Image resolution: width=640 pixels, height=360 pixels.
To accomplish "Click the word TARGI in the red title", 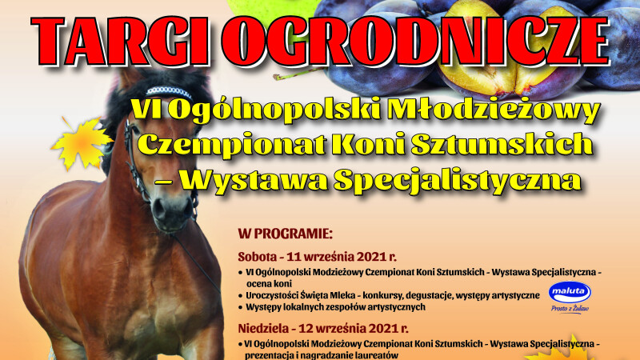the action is [121, 42].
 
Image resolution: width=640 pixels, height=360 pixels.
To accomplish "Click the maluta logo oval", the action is [570, 292].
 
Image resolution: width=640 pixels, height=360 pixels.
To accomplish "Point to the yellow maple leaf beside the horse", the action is [82, 143].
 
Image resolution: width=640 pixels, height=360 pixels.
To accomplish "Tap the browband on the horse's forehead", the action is [169, 91].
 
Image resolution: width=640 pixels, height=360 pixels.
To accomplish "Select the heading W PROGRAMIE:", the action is [286, 234].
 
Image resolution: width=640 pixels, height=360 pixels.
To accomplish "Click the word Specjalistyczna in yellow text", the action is [458, 180].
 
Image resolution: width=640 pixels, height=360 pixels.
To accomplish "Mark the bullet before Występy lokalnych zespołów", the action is [241, 307].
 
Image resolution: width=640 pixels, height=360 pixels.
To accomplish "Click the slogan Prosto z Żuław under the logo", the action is [570, 309].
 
